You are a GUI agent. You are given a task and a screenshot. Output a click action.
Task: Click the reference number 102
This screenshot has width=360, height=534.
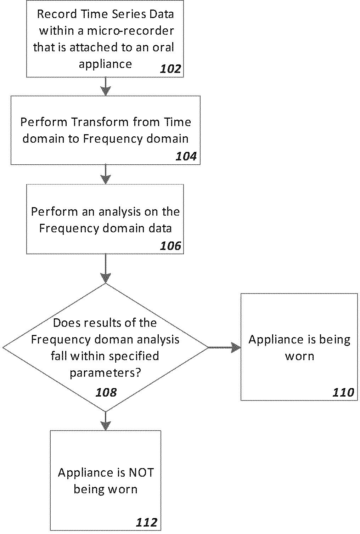(x=170, y=69)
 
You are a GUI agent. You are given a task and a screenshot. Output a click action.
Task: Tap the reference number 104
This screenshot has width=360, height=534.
(x=186, y=157)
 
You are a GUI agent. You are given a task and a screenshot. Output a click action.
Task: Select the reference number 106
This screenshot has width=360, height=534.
(x=170, y=246)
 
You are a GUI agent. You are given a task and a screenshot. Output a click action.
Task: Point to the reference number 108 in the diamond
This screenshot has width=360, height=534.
(x=106, y=392)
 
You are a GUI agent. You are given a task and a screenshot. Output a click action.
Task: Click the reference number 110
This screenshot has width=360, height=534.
(x=343, y=392)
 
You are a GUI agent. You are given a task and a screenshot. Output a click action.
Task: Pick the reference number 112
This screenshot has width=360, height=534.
(x=147, y=522)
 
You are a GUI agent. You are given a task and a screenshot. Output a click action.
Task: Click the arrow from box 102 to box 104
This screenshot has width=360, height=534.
(x=106, y=86)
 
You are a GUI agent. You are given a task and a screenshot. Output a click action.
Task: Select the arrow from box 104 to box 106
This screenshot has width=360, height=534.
(x=106, y=174)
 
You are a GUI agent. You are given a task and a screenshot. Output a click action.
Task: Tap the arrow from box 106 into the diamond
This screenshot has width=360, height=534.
(x=106, y=269)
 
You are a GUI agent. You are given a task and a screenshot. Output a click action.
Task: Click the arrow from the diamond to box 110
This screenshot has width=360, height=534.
(x=225, y=348)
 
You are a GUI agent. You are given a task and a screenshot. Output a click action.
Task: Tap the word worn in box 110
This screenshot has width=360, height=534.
(x=300, y=356)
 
